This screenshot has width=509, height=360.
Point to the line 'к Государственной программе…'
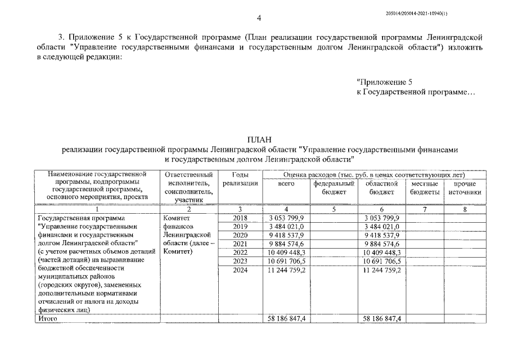click(x=416, y=91)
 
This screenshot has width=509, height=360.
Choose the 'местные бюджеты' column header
click(x=425, y=188)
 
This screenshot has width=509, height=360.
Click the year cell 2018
click(x=240, y=218)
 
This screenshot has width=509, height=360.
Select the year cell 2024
click(x=240, y=270)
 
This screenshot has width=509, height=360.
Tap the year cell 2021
click(x=240, y=244)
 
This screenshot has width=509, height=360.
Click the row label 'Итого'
click(x=47, y=318)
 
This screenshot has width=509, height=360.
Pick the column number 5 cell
click(x=334, y=209)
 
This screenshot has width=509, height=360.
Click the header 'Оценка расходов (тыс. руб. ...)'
click(x=374, y=175)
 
